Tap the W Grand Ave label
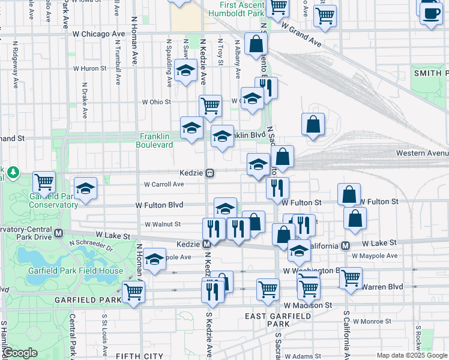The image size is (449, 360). coord(301,36)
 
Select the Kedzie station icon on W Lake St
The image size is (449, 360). coord(206,244)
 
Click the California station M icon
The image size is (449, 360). coord(346,245)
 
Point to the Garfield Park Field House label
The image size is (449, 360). coord(75,271)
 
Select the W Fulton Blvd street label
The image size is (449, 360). coord(159,205)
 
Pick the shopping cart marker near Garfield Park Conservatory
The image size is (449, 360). coord(44,181)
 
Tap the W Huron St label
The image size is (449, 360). coord(89,68)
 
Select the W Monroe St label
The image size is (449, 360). coord(373,322)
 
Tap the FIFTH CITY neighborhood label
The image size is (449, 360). coord(137,356)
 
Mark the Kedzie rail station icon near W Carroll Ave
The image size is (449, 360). coord(210,173)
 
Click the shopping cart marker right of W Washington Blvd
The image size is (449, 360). coord(351,277)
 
